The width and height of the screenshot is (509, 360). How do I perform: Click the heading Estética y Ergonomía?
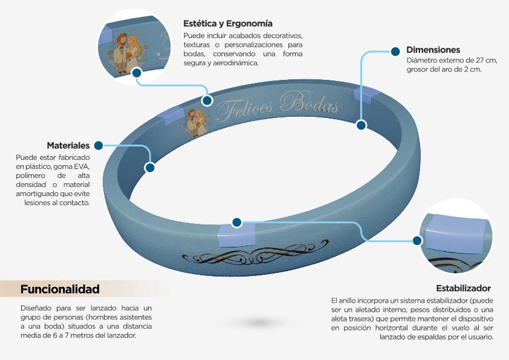pyautogui.click(x=227, y=24)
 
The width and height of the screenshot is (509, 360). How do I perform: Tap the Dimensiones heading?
pyautogui.click(x=433, y=50)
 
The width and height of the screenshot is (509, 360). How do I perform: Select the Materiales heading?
pyautogui.click(x=68, y=145)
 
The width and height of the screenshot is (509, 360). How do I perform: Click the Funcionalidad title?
pyautogui.click(x=60, y=289)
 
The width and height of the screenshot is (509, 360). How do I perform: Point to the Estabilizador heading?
pyautogui.click(x=463, y=288)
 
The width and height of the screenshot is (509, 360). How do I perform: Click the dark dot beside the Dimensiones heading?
pyautogui.click(x=395, y=51)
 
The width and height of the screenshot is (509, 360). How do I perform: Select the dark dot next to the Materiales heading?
pyautogui.click(x=99, y=145)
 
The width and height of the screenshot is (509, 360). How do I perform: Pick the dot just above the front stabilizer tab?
pyautogui.click(x=237, y=223)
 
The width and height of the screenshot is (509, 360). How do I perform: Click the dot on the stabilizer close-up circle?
pyautogui.click(x=417, y=240)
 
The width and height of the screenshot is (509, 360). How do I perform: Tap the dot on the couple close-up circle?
pyautogui.click(x=137, y=73)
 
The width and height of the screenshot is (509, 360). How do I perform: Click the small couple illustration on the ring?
pyautogui.click(x=196, y=122)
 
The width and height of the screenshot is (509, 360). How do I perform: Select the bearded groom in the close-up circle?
pyautogui.click(x=121, y=53)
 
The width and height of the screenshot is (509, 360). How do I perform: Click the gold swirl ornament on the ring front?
pyautogui.click(x=255, y=254)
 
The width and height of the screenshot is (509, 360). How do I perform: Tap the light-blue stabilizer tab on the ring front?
pyautogui.click(x=236, y=235)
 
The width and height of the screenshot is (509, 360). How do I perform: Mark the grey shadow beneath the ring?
pyautogui.click(x=258, y=322)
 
